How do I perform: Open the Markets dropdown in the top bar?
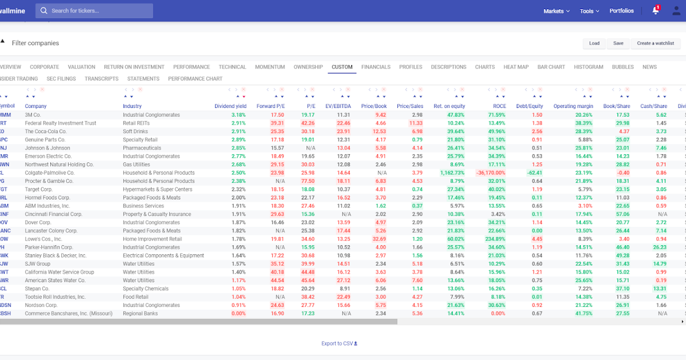point(556,11)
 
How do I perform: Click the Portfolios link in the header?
point(621,11)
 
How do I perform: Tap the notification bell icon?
point(655,11)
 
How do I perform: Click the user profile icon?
point(676,11)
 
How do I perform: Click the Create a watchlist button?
point(655,43)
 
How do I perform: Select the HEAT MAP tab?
point(516,67)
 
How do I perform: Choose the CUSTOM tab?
point(342,67)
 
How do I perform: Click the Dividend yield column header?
point(230,106)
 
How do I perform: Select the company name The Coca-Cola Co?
point(46,131)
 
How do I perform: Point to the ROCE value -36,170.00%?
point(490,173)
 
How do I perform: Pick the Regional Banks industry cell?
point(141,314)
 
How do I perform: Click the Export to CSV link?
point(339,343)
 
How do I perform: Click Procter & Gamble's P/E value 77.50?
point(308,181)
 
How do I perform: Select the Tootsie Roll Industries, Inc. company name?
point(55,297)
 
